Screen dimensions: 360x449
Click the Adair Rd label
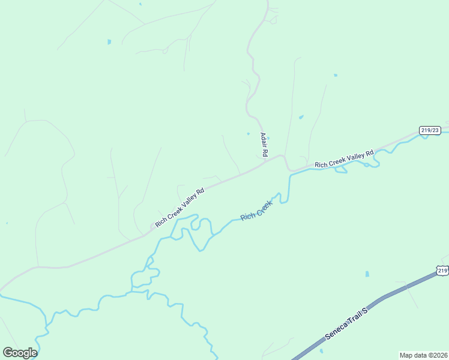(x=263, y=145)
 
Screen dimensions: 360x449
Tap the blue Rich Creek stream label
(x=256, y=211)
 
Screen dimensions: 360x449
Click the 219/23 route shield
(x=430, y=130)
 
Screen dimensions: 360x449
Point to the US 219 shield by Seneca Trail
(x=442, y=271)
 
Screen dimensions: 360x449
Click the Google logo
(x=20, y=353)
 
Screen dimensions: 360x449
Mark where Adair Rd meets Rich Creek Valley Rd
(x=265, y=161)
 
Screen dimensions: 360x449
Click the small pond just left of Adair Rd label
(x=248, y=133)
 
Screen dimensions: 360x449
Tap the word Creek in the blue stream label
(x=265, y=206)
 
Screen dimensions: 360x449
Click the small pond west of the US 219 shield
(x=367, y=274)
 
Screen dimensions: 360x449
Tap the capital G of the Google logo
(x=8, y=353)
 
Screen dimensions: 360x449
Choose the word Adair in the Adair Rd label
(x=263, y=141)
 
